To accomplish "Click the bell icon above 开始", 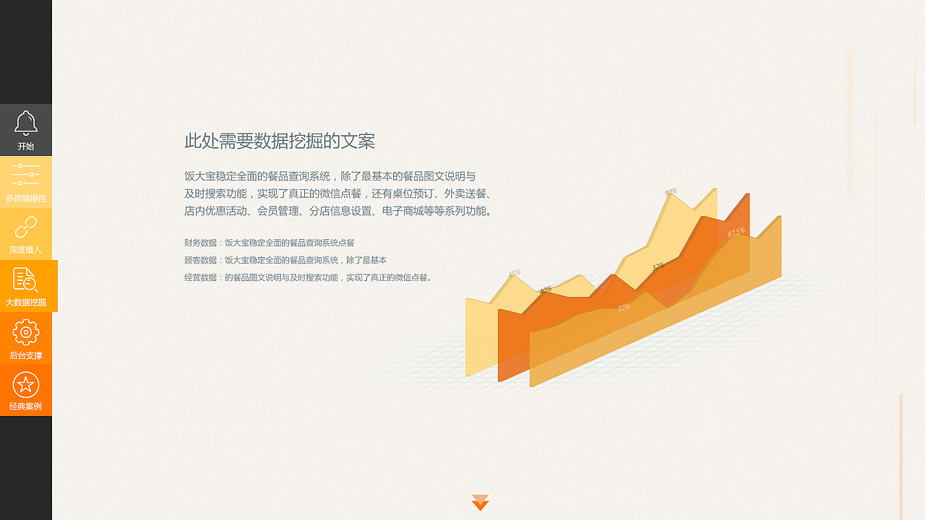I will (26, 123).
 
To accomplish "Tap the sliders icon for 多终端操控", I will (26, 174).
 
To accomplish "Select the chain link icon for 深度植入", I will (26, 227).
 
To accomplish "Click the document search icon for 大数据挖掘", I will (26, 279).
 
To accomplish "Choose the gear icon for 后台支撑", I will (26, 332).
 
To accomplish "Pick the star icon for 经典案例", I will (26, 384).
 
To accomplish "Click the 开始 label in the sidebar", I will (26, 146).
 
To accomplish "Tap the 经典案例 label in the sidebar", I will (26, 407).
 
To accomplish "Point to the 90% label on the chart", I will (671, 191).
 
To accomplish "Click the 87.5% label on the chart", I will (736, 233).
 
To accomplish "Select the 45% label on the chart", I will (514, 274).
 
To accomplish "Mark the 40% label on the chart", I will (546, 290).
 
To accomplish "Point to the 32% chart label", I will (658, 266).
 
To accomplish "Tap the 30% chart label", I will (623, 308).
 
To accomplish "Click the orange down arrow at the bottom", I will (481, 503).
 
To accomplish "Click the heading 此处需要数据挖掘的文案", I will (280, 141).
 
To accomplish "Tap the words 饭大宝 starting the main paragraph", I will (197, 176).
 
